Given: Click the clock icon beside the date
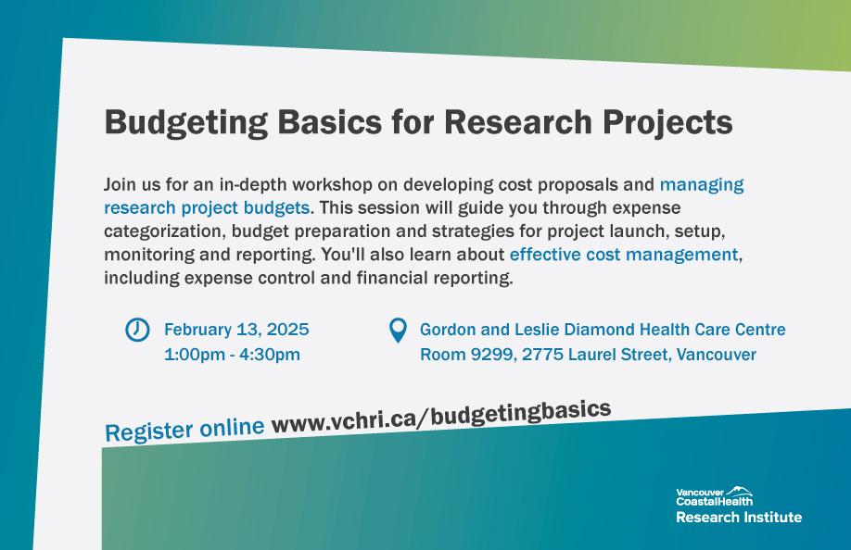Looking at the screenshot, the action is [137, 330].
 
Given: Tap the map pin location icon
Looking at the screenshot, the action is [398, 330].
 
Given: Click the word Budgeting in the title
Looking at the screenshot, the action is [186, 123].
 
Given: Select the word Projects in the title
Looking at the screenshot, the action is [667, 123].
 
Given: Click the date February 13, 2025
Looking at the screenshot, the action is [236, 330].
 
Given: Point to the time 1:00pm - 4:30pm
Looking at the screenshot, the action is [232, 355].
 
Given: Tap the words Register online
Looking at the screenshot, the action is [184, 430].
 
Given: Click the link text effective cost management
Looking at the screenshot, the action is [624, 255].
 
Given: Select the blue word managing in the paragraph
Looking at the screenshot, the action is [702, 185].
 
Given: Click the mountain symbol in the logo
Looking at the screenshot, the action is [739, 491].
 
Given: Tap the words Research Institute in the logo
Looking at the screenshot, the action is [739, 517].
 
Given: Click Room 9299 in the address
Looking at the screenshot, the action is [467, 355].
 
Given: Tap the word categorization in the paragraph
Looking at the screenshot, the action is [163, 231].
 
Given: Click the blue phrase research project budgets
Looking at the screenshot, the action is [207, 208].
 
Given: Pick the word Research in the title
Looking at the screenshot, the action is [518, 122].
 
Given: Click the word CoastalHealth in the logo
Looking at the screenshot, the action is [714, 501].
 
